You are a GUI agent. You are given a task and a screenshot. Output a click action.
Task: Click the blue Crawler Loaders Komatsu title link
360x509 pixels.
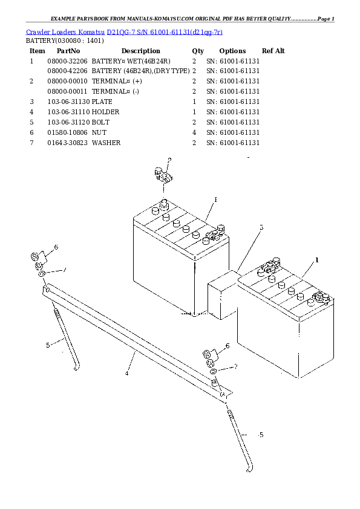[124, 31]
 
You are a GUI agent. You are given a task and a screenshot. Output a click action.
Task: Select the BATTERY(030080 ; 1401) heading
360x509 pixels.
[64, 41]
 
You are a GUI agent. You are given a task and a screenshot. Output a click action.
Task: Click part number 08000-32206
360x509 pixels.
[67, 61]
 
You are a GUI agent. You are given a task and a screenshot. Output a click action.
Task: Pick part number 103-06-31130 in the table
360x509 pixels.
[68, 102]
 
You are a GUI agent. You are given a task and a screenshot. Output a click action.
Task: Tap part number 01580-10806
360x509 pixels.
[67, 132]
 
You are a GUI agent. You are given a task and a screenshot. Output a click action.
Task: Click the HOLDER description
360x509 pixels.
[105, 112]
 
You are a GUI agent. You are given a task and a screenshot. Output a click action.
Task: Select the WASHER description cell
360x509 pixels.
[106, 143]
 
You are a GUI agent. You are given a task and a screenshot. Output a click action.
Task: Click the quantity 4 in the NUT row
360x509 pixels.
[194, 132]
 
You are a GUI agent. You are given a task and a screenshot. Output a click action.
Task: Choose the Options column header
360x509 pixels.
[232, 51]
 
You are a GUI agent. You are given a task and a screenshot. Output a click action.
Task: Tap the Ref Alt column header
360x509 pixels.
[273, 51]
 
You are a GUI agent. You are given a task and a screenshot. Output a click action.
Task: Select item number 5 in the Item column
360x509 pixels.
[31, 122]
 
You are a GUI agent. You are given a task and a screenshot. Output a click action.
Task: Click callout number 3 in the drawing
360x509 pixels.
[261, 228]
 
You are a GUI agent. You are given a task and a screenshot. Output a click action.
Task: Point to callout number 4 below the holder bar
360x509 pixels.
[127, 373]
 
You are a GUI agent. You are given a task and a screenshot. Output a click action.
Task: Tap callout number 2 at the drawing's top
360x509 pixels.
[169, 160]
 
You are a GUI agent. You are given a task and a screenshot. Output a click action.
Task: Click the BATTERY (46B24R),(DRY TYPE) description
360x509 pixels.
[140, 71]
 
